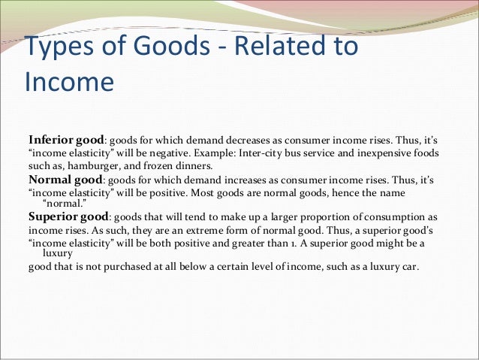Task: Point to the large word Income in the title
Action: (69, 81)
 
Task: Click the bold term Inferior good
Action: (65, 140)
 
